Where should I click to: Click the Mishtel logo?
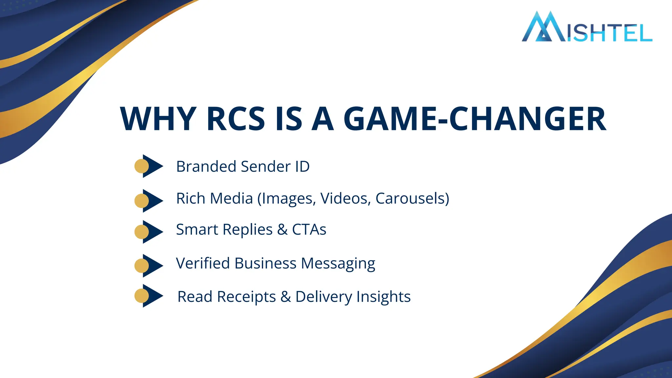point(587,27)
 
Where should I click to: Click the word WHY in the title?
point(158,119)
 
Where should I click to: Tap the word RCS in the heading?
point(236,119)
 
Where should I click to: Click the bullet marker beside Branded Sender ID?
point(148,166)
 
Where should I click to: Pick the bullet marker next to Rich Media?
point(148,200)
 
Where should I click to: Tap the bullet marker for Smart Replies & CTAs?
point(148,232)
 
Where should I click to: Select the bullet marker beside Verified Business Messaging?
point(148,265)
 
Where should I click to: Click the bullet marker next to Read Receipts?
point(148,296)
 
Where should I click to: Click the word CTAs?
point(309,230)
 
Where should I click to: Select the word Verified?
point(203,263)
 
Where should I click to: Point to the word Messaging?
point(338,264)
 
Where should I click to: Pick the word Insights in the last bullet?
point(383,297)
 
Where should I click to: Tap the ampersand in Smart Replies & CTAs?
point(282,230)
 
